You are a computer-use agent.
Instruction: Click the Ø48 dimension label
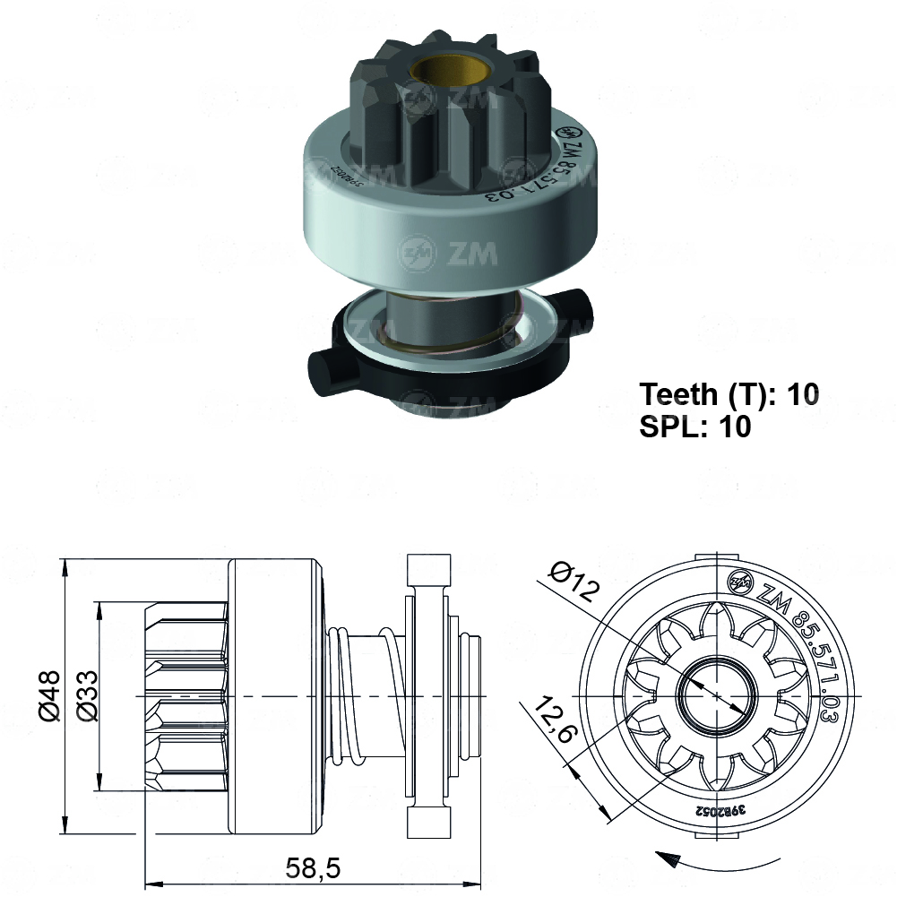tap(48, 695)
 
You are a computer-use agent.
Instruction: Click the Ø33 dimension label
tap(86, 695)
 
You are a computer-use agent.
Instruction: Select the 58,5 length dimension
tap(313, 867)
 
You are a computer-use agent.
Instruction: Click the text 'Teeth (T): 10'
tap(729, 394)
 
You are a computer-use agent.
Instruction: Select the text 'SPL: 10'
tap(694, 427)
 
